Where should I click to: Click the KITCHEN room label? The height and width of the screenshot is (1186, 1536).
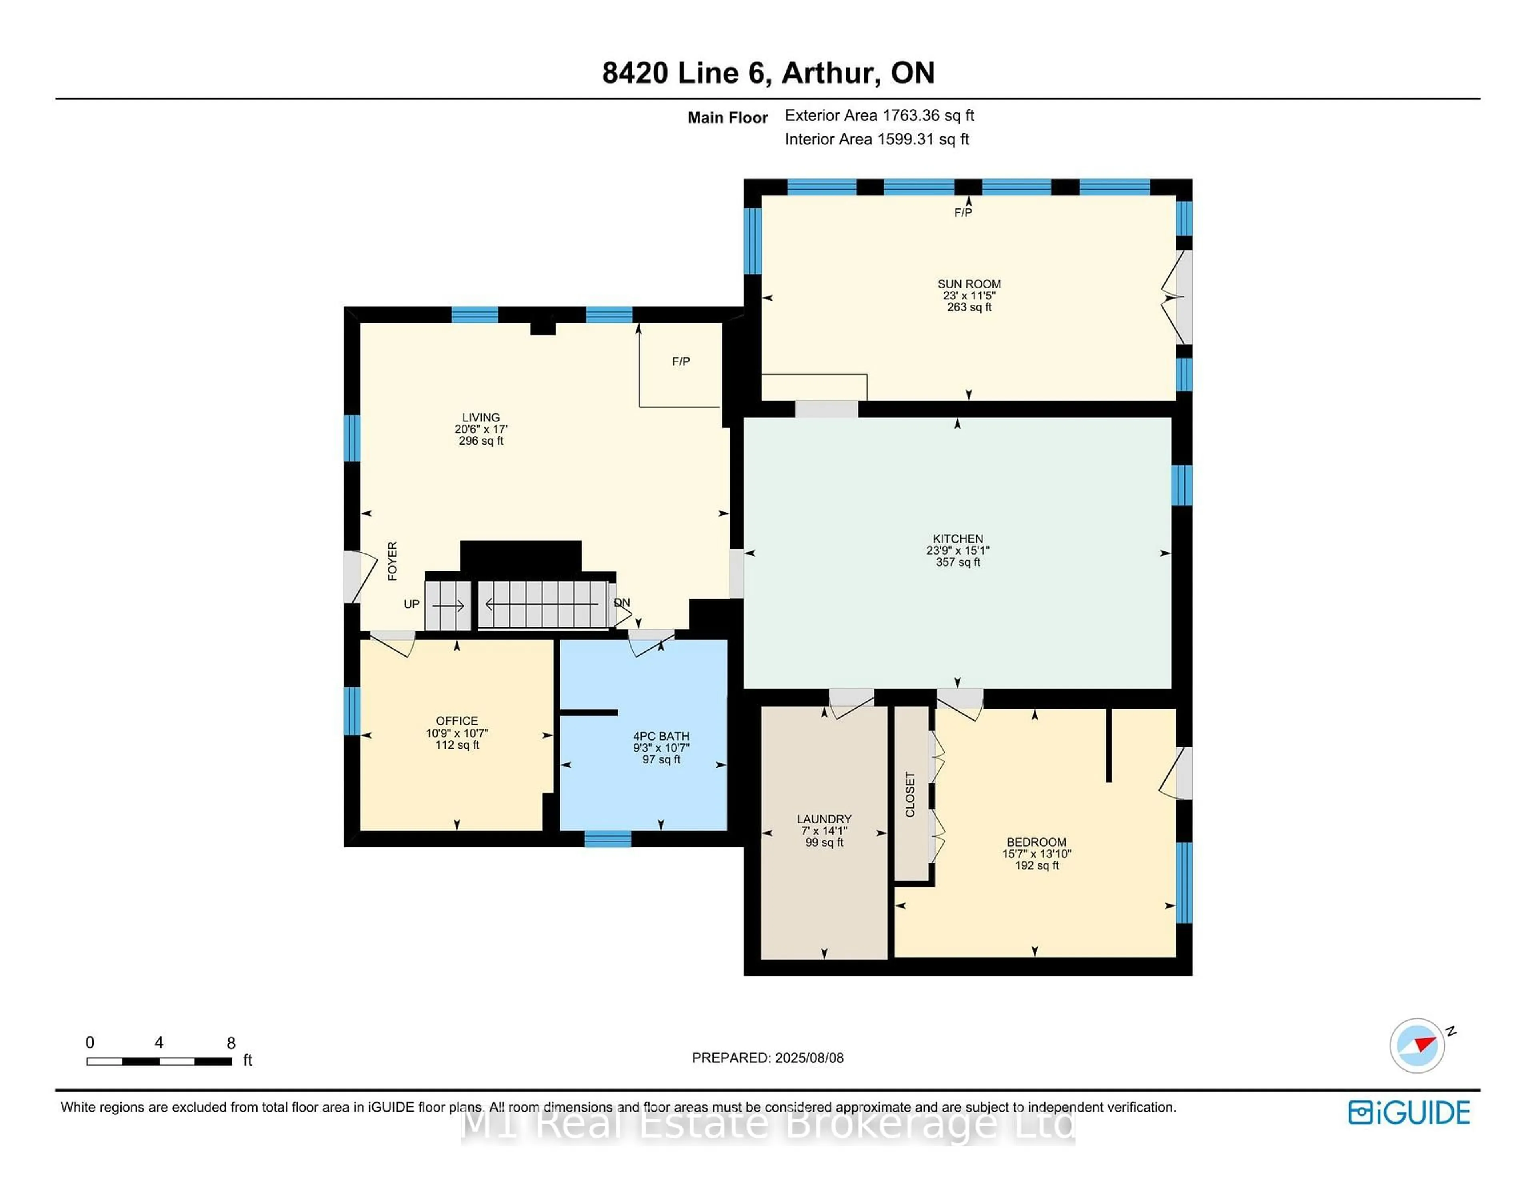pos(957,539)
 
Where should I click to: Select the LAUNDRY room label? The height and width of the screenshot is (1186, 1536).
pos(824,819)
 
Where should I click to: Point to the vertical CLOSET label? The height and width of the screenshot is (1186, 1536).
pos(910,795)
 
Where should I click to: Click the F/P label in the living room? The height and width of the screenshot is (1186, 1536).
pos(680,361)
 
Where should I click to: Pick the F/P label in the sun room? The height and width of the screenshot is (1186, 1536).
pos(963,212)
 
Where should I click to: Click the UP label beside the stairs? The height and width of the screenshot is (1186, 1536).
pos(412,604)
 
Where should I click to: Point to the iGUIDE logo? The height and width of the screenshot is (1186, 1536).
pos(1409,1112)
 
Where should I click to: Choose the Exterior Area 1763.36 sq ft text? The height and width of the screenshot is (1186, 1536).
pos(879,115)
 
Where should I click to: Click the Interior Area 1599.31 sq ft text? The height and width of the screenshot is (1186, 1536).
pos(876,139)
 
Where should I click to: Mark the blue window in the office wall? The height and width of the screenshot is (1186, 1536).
pos(352,711)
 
